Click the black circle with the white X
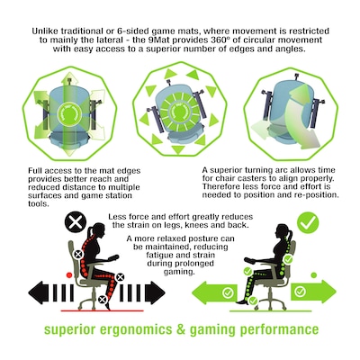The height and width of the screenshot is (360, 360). tap(76, 222)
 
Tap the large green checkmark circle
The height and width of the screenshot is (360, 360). tap(308, 222)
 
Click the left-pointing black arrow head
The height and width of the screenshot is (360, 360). tap(39, 292)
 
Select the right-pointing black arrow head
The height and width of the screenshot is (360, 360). tap(155, 292)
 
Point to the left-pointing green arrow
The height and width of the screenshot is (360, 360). tap(214, 292)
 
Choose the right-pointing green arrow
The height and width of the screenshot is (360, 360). tap(313, 291)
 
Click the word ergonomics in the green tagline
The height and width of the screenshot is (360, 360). tap(136, 330)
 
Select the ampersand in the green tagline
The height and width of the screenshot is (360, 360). tap(181, 329)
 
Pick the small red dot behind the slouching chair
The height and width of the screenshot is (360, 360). tap(69, 274)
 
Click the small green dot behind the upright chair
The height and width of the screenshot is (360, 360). tap(314, 274)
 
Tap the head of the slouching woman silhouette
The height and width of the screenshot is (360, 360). tap(97, 231)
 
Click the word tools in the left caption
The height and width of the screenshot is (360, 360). tap(38, 204)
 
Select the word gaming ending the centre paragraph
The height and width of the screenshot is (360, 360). tap(178, 272)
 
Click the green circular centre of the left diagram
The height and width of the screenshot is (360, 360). tap(69, 113)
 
